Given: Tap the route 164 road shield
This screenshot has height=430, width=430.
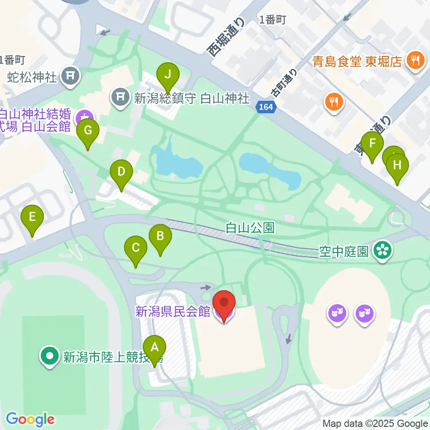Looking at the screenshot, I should [x=267, y=107].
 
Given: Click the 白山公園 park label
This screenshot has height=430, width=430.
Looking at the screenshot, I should [x=249, y=228].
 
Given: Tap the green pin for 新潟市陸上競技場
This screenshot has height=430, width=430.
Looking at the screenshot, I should [x=50, y=357].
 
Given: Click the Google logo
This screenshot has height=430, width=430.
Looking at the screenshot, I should [x=30, y=420].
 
